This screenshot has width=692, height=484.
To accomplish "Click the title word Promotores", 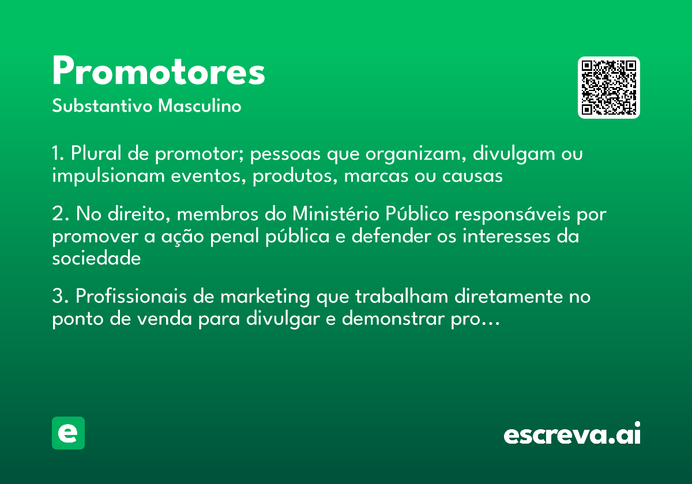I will [x=159, y=72].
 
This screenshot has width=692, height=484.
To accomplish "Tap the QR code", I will [x=609, y=88].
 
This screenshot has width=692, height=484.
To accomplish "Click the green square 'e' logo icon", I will [x=68, y=433].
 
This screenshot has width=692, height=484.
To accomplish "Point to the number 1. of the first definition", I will [x=58, y=154].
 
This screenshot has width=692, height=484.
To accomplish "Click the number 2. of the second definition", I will [x=59, y=214].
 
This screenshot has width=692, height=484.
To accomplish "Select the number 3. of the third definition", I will [x=59, y=297].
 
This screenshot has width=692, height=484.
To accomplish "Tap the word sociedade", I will [x=96, y=259].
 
